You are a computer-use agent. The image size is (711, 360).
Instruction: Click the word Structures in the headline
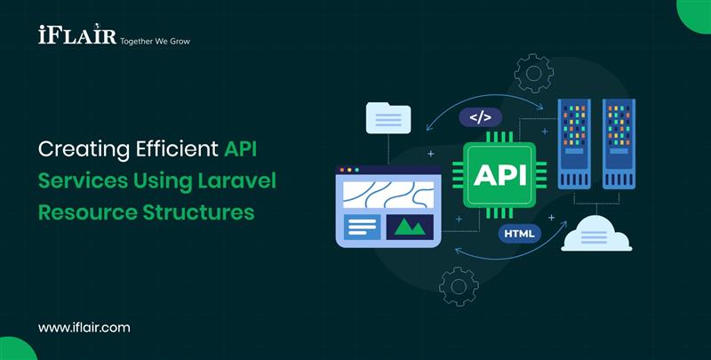(x=201, y=213)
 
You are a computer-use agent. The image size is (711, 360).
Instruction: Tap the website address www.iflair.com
(x=84, y=327)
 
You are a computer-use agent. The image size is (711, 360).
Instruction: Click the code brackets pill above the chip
(x=480, y=116)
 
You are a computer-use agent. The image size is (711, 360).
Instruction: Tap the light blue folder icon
(x=388, y=117)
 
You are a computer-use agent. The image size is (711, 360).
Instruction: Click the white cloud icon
(x=595, y=234)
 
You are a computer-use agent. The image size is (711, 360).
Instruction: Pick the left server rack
(x=575, y=142)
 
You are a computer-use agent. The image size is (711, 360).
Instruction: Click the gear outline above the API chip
(x=533, y=73)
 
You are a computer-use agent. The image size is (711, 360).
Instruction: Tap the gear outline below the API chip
(x=459, y=286)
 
